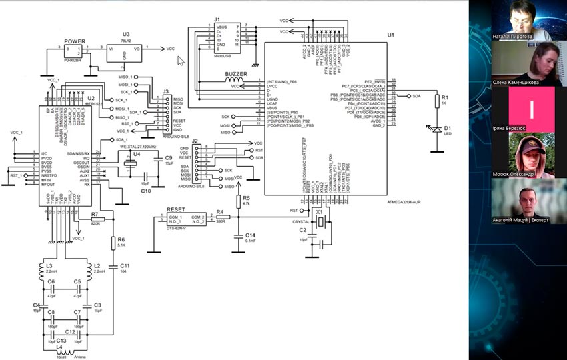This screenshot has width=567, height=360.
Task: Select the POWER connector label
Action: tap(75, 41)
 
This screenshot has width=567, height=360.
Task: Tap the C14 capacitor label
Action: tap(250, 235)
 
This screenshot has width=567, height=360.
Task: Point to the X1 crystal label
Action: tap(319, 210)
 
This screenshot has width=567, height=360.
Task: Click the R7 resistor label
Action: tap(95, 215)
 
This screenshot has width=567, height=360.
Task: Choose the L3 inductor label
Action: tap(49, 265)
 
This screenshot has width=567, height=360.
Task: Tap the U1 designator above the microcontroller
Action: tap(390, 34)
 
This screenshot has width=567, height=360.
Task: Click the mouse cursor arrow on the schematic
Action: tap(180, 60)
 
